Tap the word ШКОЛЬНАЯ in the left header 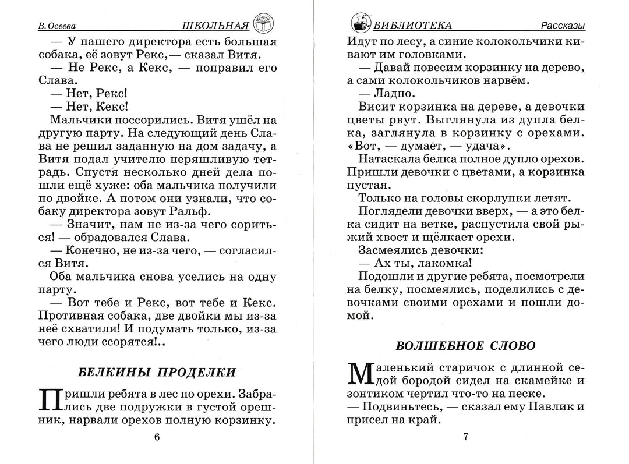215,26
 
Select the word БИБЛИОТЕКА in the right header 413,26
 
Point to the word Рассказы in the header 562,26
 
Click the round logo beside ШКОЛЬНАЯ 264,24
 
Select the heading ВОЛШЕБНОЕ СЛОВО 465,345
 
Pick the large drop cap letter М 359,374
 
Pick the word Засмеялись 389,250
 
